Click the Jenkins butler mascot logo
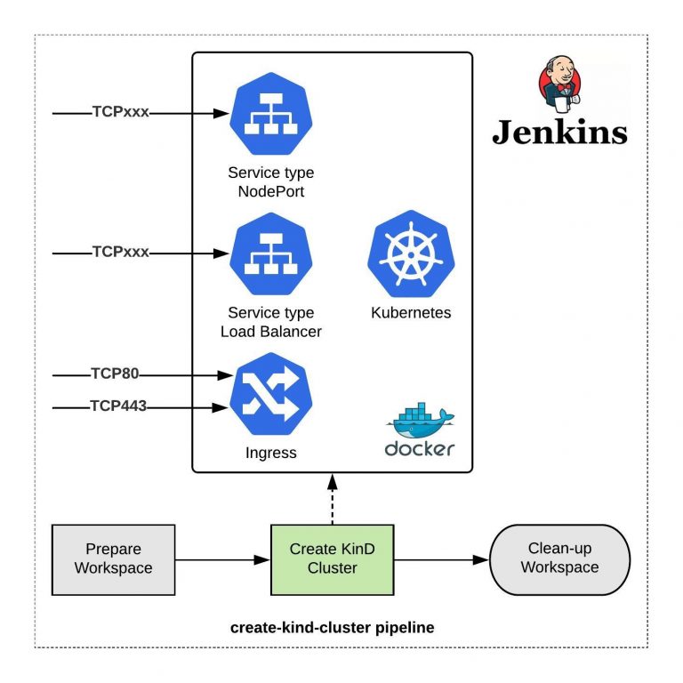(x=561, y=85)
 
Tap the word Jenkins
(x=559, y=132)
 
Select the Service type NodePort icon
(x=270, y=114)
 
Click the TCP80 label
(x=116, y=374)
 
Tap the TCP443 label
(x=118, y=406)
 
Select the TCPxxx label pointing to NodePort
(x=121, y=113)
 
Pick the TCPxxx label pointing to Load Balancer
(x=121, y=253)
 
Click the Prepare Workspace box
(x=114, y=558)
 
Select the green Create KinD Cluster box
(x=332, y=558)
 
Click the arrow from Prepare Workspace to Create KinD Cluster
(x=222, y=559)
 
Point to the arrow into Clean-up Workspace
(x=441, y=559)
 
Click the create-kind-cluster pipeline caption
(x=332, y=628)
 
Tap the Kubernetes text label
(x=410, y=313)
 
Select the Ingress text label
(x=270, y=453)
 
